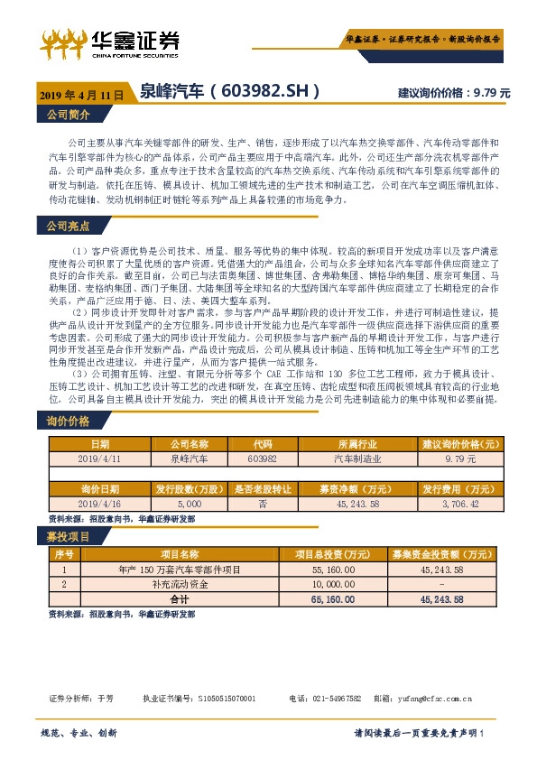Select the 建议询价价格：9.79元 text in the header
454,93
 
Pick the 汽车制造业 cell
359,459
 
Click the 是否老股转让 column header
263,488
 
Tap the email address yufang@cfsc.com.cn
440,699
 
